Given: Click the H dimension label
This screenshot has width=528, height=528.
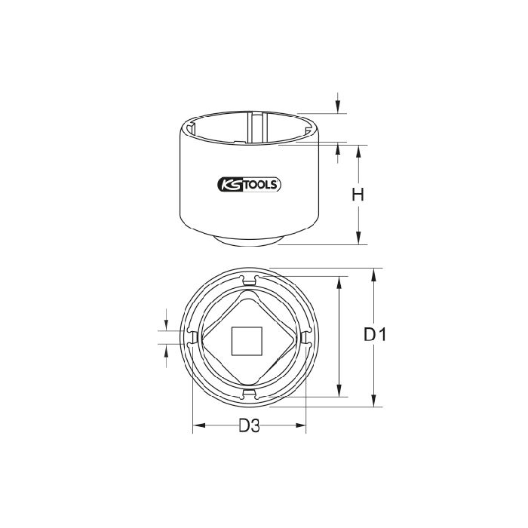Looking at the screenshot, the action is click(358, 195).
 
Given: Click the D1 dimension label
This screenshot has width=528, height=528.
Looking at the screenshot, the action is click(375, 334).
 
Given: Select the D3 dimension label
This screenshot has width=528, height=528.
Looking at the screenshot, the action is click(250, 425).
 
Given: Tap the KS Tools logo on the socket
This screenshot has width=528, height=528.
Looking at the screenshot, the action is click(249, 185).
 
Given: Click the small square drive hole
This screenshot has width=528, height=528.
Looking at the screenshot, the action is click(247, 341).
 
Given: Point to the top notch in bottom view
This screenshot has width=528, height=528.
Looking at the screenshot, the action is click(249, 281).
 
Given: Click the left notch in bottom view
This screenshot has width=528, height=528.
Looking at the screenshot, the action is click(192, 338).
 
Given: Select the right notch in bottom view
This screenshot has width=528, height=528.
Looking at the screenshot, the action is click(305, 338).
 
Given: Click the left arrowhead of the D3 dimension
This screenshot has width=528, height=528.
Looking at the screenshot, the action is click(199, 425).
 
